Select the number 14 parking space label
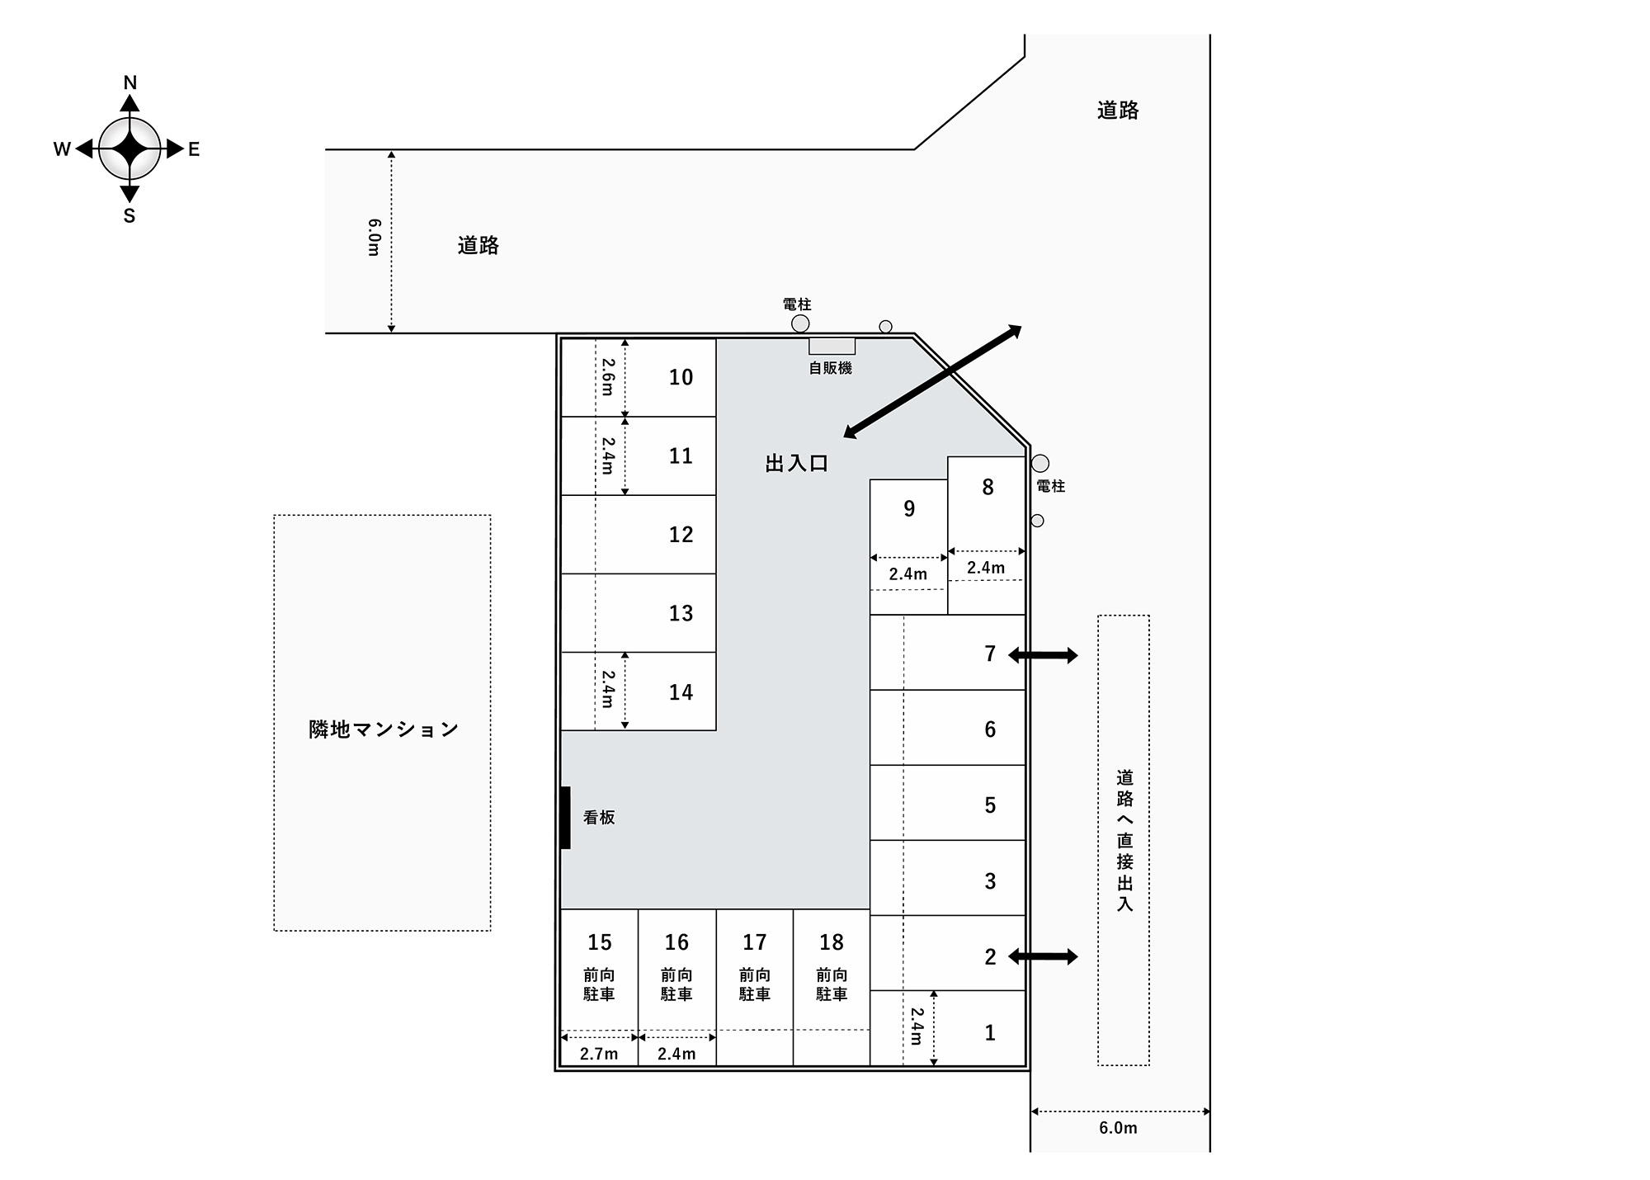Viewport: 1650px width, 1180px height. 681,692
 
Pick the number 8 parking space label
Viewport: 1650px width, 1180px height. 988,488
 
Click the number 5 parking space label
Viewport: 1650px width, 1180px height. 990,805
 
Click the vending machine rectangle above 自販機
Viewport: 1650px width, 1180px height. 832,346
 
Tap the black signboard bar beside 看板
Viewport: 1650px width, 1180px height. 565,818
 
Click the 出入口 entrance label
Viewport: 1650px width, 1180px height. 796,464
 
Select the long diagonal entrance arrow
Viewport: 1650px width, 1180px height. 932,381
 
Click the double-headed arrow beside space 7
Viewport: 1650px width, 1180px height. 1043,656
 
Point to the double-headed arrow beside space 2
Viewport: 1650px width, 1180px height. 1043,957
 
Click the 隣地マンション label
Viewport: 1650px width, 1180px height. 384,729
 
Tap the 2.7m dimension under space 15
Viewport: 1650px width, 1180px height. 599,1054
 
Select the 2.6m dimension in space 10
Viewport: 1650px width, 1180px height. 608,376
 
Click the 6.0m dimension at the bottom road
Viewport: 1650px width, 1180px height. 1118,1128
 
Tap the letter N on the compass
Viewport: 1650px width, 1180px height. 130,83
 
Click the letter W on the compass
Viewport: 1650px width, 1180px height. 62,149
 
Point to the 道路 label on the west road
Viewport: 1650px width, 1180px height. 478,245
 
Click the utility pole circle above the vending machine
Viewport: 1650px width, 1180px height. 800,323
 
